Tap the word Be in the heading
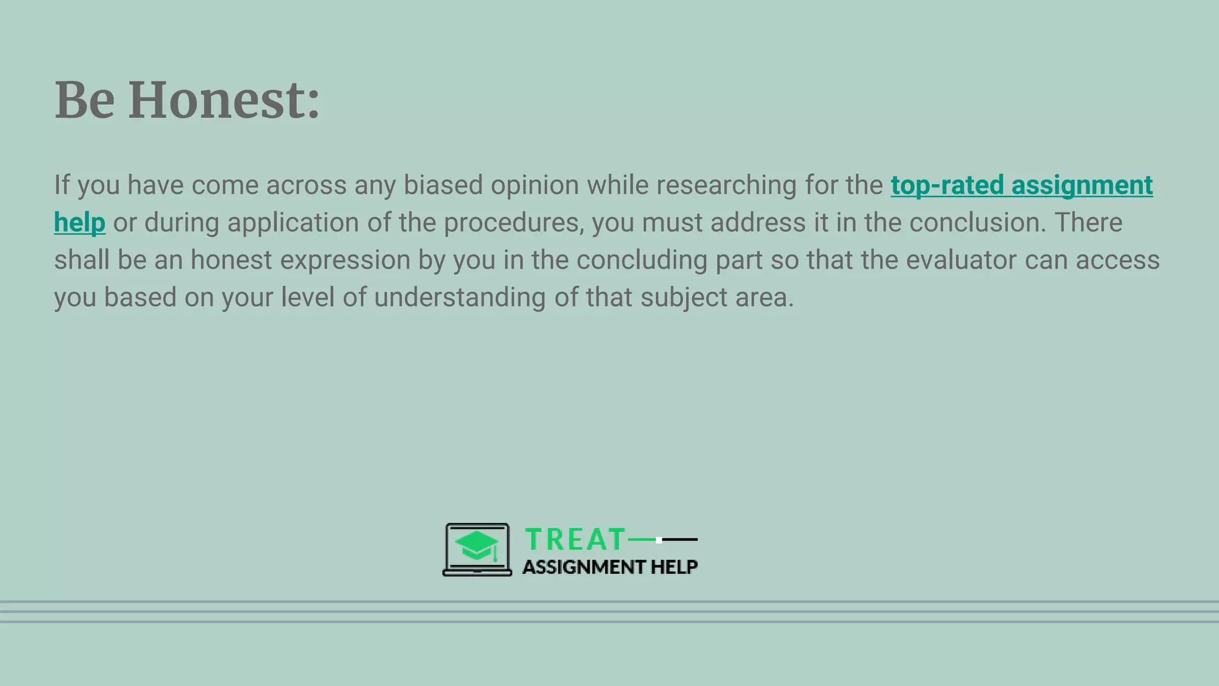(x=85, y=100)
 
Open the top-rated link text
(x=947, y=185)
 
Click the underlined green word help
(x=80, y=223)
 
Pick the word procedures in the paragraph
(x=514, y=223)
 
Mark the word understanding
(x=460, y=298)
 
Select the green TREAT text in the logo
(x=575, y=540)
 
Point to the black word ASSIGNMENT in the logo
(x=583, y=567)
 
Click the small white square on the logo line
(x=659, y=540)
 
